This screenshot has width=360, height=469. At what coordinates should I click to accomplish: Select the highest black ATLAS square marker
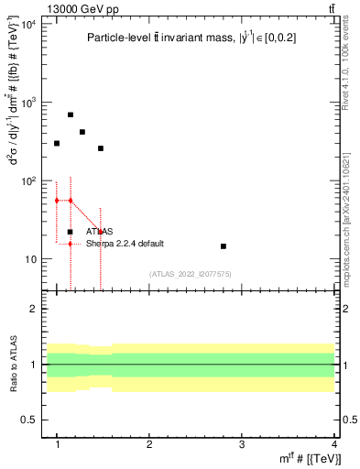71,115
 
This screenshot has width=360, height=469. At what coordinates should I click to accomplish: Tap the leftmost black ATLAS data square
57,143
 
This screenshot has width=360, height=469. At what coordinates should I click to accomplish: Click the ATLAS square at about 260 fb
101,147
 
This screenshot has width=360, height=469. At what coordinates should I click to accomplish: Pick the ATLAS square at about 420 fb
82,132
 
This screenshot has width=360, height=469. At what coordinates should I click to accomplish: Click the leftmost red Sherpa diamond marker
57,200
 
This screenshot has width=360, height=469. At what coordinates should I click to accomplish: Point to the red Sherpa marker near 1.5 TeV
101,232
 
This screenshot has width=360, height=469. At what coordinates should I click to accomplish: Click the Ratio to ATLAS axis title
13,367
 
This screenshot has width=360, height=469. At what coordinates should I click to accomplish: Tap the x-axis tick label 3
241,445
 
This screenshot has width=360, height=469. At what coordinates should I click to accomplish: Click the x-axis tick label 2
149,445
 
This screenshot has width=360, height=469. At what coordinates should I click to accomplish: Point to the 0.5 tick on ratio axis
29,420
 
